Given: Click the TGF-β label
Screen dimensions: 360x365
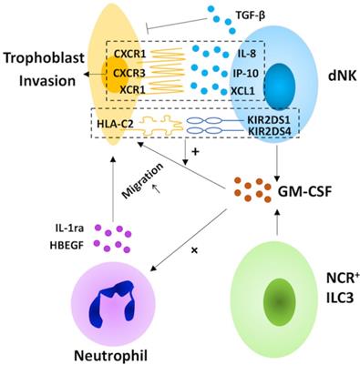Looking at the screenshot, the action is [251, 15].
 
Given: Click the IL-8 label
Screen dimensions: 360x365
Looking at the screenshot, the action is [246, 54].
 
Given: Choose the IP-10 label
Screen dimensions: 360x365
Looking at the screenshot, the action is [245, 73].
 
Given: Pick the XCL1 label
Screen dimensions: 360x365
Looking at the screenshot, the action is [242, 91].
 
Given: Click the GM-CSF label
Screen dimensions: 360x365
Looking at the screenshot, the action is [304, 192].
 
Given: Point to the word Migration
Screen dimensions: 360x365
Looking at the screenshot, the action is [143, 181].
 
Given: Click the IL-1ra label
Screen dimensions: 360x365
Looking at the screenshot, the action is [69, 228].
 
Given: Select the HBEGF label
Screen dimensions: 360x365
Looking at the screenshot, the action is [67, 245].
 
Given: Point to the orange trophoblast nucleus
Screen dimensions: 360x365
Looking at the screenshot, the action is [116, 74].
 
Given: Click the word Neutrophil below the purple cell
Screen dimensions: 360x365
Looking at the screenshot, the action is [111, 355].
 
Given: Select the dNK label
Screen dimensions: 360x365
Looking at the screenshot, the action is [343, 76].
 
